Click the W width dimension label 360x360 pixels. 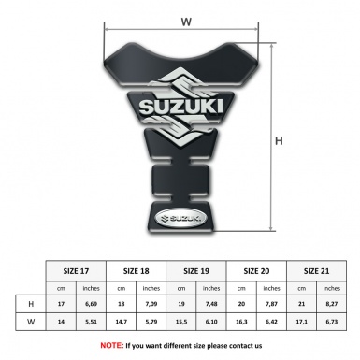(x=186, y=20)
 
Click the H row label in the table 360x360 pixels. (x=31, y=306)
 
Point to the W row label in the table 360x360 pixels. (x=31, y=324)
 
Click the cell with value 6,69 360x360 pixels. (x=92, y=306)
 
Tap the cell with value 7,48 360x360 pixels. (x=212, y=306)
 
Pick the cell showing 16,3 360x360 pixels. (x=241, y=324)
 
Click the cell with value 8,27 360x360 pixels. (x=332, y=306)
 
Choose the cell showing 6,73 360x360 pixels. (x=332, y=324)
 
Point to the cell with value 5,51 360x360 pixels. (x=92, y=324)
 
